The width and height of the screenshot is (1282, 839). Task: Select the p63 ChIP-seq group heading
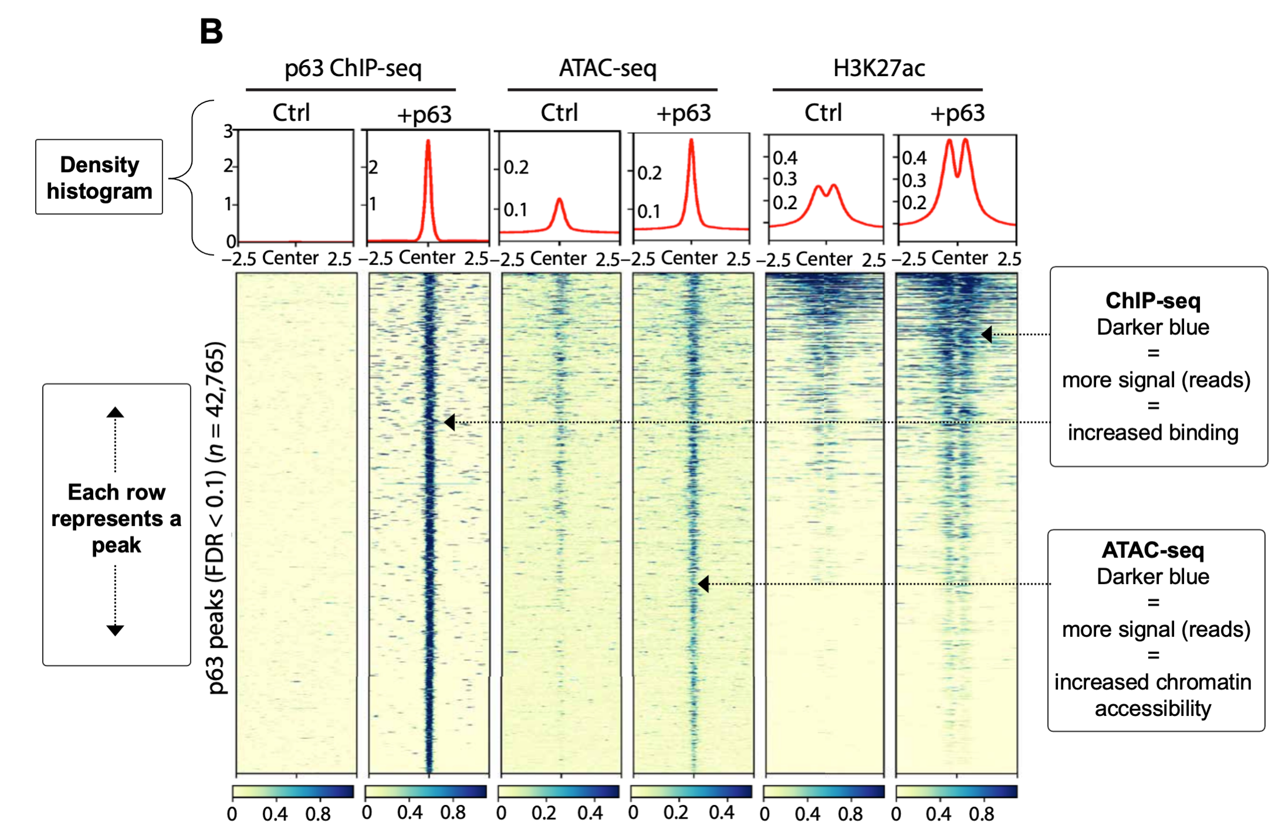[x=353, y=68]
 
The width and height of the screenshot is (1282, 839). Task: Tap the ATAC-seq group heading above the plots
[x=607, y=68]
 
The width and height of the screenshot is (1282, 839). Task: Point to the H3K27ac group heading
[x=878, y=68]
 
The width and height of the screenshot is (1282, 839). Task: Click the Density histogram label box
[x=99, y=177]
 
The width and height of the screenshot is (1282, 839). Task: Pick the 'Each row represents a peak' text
[x=116, y=518]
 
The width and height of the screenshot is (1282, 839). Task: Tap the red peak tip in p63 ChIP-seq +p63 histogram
[x=428, y=141]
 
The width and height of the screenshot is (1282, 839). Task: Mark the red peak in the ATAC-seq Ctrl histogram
[x=559, y=201]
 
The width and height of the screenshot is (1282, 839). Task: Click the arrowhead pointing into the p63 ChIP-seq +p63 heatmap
[x=449, y=422]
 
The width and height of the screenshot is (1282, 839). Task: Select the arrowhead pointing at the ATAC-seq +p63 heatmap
[x=703, y=583]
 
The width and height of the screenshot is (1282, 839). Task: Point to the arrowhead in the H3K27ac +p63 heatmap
[x=987, y=334]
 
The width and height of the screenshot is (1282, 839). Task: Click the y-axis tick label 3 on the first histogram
[x=228, y=131]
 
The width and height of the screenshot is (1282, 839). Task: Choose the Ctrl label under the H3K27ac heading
[x=823, y=113]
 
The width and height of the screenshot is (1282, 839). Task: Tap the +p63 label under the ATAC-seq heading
[x=683, y=113]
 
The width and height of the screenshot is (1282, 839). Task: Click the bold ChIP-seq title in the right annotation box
[x=1152, y=301]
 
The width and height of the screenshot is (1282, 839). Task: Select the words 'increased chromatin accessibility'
[x=1152, y=695]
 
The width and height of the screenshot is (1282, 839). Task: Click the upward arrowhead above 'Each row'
[x=115, y=412]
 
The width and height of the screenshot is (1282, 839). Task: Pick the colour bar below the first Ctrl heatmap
[x=293, y=792]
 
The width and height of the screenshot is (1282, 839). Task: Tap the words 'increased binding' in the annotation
[x=1152, y=433]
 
